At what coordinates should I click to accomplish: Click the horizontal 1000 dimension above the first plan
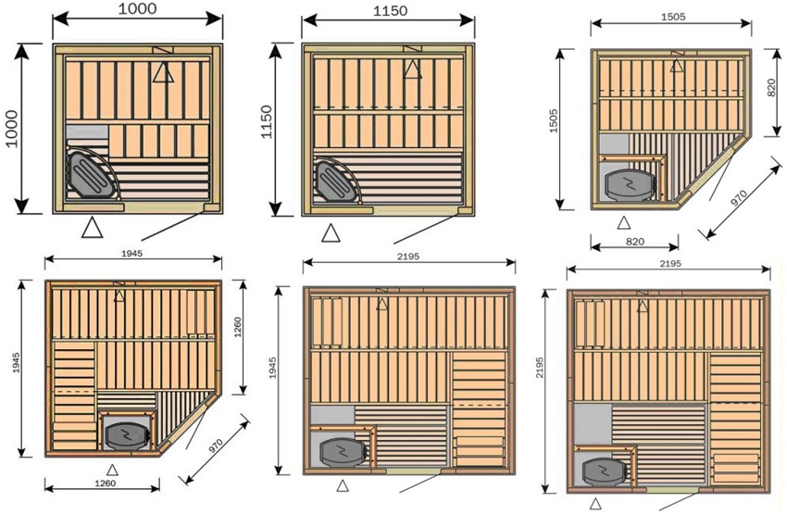(137, 8)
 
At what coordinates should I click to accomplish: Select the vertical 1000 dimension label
(10, 128)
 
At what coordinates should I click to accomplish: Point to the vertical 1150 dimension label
(268, 128)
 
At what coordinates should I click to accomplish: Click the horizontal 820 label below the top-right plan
(636, 241)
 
